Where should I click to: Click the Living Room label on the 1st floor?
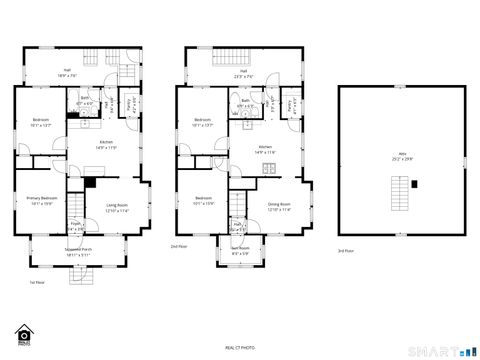point(118,206)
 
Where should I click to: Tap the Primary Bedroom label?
point(40,201)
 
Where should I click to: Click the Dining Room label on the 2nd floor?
point(278,206)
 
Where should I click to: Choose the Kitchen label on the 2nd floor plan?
point(266,149)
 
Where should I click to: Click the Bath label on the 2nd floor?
point(245,102)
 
